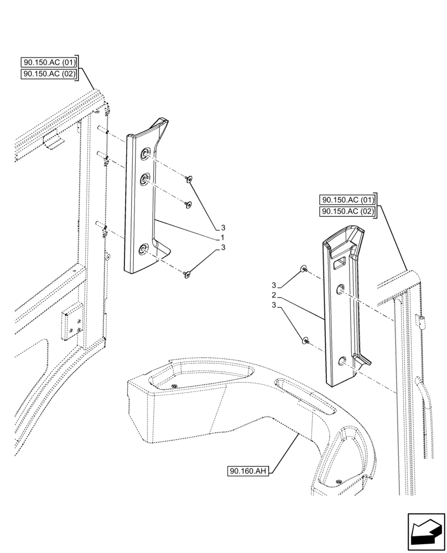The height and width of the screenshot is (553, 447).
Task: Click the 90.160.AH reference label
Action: pos(247,471)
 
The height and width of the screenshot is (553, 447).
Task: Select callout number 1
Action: pos(222,237)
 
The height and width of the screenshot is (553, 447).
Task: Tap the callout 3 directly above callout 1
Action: pos(222,227)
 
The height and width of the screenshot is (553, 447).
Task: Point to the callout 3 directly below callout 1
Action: pos(222,247)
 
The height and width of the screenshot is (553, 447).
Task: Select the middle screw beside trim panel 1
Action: pos(188,205)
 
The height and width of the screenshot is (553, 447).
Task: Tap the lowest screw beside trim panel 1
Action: pos(188,273)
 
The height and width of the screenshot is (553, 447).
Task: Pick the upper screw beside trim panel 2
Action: pos(303,269)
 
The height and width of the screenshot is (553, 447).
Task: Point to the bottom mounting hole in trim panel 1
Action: pos(143,251)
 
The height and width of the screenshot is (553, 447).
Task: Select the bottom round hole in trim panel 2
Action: pos(341,362)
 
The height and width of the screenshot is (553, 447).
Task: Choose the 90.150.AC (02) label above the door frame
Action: pos(49,74)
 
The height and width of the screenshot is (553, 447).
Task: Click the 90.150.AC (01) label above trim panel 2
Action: pos(347,200)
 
